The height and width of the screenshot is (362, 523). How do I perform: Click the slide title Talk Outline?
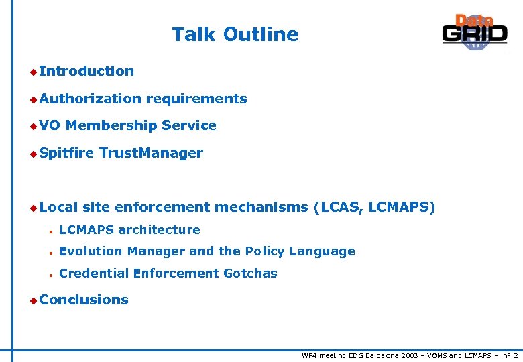[235, 34]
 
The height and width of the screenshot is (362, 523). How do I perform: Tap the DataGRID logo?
[474, 32]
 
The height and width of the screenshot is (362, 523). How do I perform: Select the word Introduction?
[86, 71]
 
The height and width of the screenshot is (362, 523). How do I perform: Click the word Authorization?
[90, 99]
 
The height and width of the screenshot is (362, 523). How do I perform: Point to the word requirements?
[196, 99]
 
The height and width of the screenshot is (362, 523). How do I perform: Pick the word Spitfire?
[66, 153]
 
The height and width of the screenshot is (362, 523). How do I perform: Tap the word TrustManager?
[151, 153]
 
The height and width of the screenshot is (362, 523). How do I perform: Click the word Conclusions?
[84, 300]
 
